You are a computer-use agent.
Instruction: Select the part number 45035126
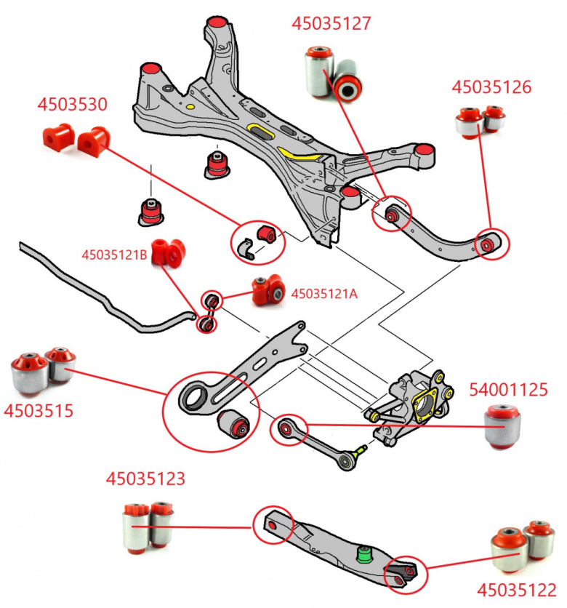[x=491, y=87]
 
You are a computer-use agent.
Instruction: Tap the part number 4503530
[x=73, y=104]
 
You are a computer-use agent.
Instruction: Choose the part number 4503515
[x=39, y=410]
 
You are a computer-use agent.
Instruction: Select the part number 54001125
[x=508, y=390]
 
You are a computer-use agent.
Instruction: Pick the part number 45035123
[x=145, y=479]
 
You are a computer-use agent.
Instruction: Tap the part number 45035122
[x=517, y=589]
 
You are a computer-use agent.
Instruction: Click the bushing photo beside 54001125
[x=504, y=428]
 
